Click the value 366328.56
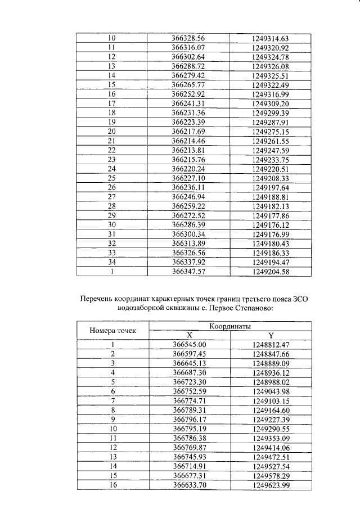(188, 38)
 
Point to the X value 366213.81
(188, 150)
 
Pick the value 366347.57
(188, 271)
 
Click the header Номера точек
(112, 330)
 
